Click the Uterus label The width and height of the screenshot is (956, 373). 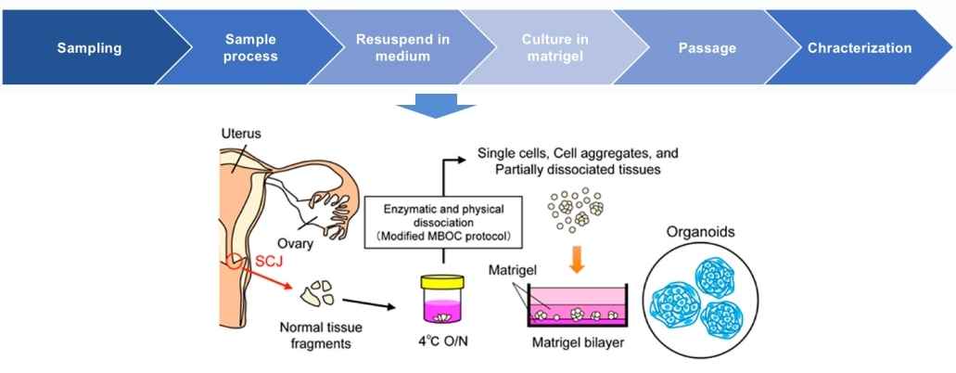coord(241,134)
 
